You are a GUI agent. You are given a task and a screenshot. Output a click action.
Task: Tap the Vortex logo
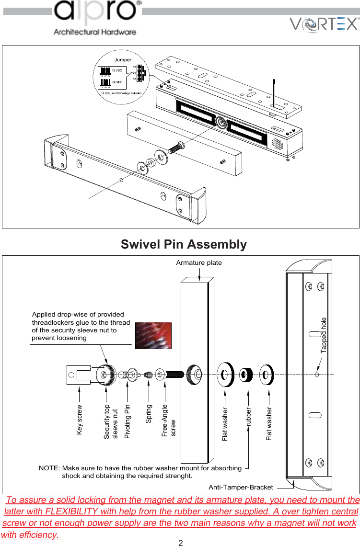(324, 24)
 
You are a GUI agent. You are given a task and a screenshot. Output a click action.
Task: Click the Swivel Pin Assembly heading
(184, 244)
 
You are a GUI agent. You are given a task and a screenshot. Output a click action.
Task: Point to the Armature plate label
(199, 262)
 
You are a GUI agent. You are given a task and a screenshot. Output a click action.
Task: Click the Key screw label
(80, 420)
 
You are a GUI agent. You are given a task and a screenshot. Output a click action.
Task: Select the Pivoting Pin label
(128, 421)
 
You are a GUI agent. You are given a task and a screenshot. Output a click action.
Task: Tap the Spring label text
(149, 414)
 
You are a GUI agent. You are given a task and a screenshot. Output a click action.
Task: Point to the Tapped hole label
(324, 335)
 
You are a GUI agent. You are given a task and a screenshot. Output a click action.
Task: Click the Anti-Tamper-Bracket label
(241, 487)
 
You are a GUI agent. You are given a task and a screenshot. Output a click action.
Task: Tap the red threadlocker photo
(153, 336)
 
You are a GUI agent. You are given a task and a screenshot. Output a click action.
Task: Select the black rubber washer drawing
(247, 374)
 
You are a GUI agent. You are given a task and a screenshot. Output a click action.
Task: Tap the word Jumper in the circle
(123, 60)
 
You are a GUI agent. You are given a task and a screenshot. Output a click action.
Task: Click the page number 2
(181, 543)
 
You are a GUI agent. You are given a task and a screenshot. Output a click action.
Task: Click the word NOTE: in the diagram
(49, 468)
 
